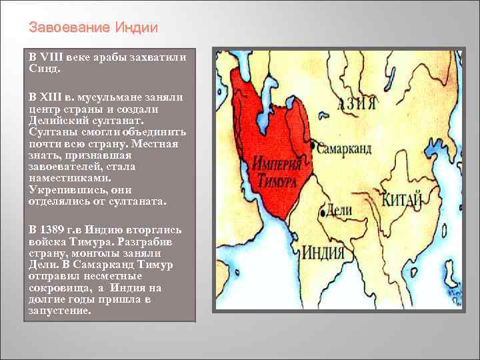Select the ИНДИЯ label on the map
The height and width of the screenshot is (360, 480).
pos(323,254)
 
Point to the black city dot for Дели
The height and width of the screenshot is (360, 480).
pos(323,213)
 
